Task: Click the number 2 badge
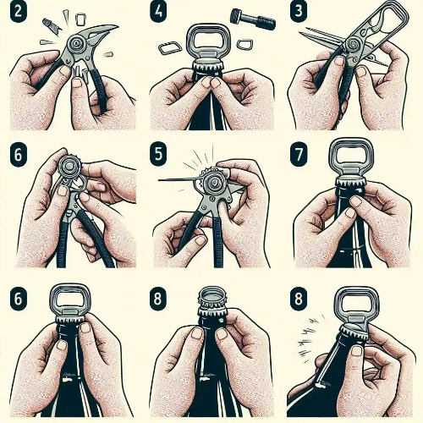pyautogui.click(x=18, y=13)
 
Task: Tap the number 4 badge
pyautogui.click(x=157, y=13)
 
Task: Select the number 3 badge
pyautogui.click(x=298, y=13)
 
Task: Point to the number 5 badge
pyautogui.click(x=158, y=155)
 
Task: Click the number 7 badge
pyautogui.click(x=299, y=155)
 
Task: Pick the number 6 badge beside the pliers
pyautogui.click(x=18, y=155)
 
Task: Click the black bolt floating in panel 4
pyautogui.click(x=253, y=19)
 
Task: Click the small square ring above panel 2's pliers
pyautogui.click(x=80, y=19)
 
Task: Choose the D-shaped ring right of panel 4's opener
pyautogui.click(x=243, y=44)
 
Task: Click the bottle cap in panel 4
pyautogui.click(x=208, y=65)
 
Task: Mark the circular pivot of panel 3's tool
pyautogui.click(x=353, y=44)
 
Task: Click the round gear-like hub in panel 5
pyautogui.click(x=212, y=181)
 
